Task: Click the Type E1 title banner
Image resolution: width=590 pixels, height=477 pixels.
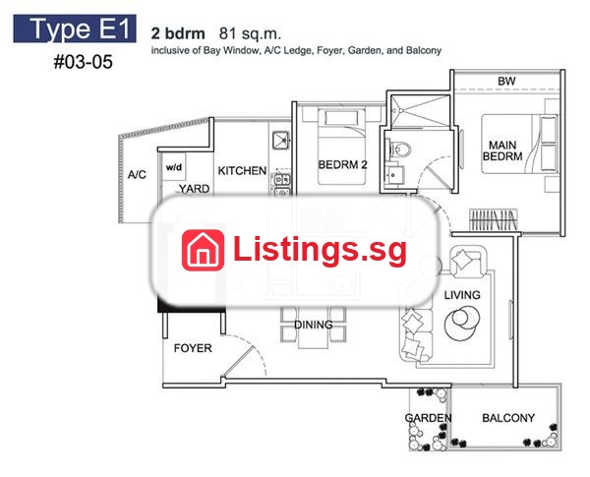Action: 75,29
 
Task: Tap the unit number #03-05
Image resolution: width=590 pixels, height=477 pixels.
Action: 84,62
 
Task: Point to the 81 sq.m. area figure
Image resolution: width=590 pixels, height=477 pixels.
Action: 250,33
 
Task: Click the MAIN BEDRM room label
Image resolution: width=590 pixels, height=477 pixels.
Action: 502,150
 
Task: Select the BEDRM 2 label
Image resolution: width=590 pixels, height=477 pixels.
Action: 342,164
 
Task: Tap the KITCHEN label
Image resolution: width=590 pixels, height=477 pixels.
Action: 242,170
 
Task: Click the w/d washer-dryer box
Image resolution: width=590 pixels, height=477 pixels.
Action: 173,167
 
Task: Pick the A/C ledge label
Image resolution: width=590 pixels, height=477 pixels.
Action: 137,175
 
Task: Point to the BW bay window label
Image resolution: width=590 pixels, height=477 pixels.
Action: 506,81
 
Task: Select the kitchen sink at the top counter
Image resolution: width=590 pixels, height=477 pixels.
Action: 280,140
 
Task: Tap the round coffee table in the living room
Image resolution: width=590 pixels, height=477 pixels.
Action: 462,322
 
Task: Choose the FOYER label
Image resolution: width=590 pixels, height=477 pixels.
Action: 193,348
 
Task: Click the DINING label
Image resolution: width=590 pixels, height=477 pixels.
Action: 313,325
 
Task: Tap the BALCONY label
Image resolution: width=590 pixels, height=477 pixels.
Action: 508,418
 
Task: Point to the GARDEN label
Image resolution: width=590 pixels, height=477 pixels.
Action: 428,418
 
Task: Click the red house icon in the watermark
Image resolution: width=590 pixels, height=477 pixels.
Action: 203,250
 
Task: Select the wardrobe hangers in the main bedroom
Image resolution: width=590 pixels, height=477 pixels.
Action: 494,219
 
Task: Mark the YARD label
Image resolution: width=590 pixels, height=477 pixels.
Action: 194,189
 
